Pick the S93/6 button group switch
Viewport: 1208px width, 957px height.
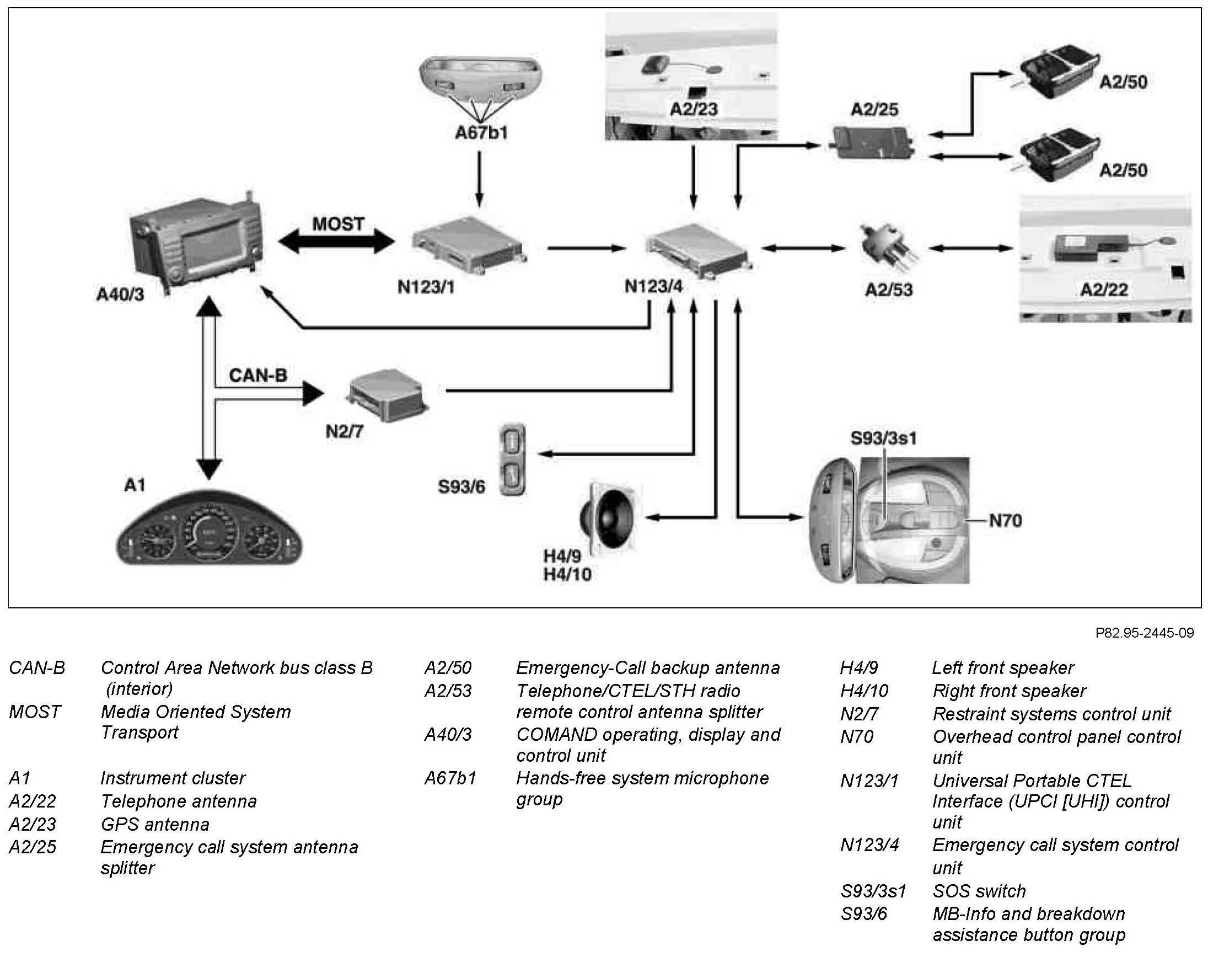click(512, 459)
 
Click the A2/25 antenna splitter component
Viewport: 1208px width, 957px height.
click(873, 142)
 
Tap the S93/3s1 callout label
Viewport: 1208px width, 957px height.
click(884, 437)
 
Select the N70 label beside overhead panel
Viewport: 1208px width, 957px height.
click(1005, 521)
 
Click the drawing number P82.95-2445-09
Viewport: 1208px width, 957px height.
click(1145, 633)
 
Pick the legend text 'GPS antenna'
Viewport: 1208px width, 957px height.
click(154, 824)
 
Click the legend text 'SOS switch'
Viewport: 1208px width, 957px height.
click(979, 891)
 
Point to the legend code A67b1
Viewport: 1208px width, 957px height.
click(450, 778)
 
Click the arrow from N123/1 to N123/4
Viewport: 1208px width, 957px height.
click(587, 248)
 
